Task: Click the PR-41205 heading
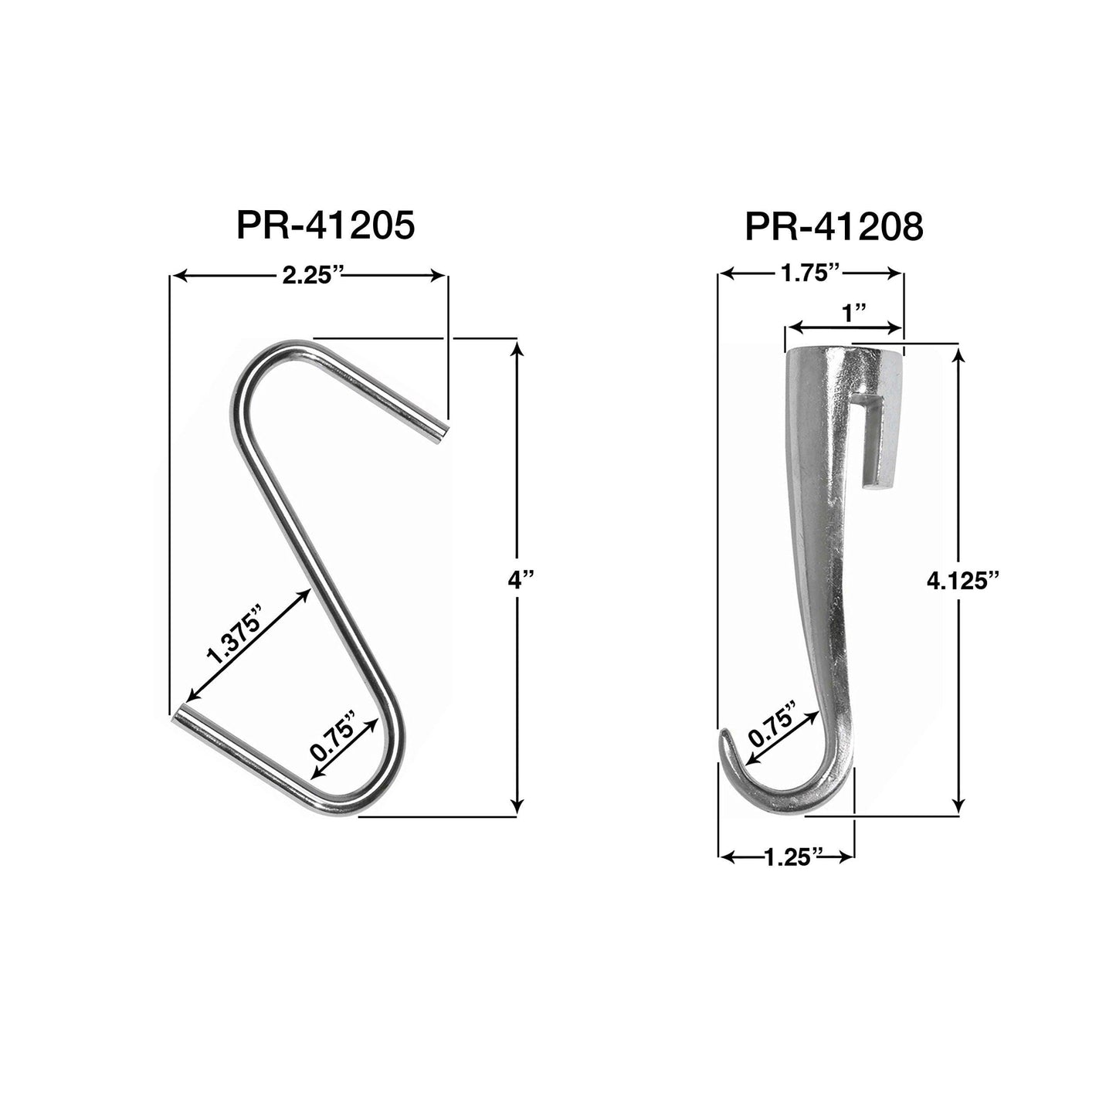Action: coord(326,225)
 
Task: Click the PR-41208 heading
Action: coord(834,226)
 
